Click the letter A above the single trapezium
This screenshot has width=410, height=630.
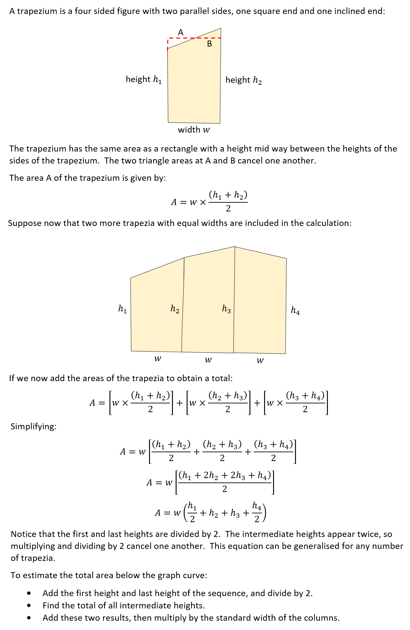181,32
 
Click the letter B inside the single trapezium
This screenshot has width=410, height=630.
209,44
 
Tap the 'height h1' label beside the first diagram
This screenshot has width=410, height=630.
144,79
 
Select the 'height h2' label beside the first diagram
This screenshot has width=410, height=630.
243,80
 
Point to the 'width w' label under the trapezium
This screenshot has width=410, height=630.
194,130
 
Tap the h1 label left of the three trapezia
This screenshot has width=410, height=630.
123,309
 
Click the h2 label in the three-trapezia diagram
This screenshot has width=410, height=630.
175,309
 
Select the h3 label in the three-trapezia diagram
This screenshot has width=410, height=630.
226,309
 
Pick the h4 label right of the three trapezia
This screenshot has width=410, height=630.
295,310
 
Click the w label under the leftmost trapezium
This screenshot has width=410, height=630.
158,359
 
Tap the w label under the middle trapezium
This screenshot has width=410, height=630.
208,360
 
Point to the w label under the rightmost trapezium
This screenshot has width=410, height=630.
260,360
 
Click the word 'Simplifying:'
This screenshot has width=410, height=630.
34,426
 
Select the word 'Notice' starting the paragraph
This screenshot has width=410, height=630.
24,534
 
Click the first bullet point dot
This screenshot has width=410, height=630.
30,593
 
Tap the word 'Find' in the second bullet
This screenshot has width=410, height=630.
51,605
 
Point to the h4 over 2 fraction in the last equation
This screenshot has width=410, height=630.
257,512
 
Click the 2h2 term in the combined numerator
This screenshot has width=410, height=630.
210,475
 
